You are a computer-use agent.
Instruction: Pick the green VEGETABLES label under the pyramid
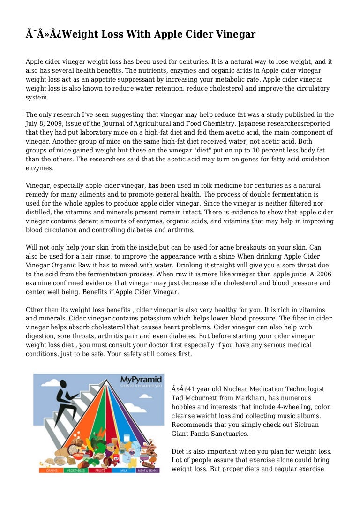click(75, 470)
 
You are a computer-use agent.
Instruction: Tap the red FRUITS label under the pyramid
click(99, 470)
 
